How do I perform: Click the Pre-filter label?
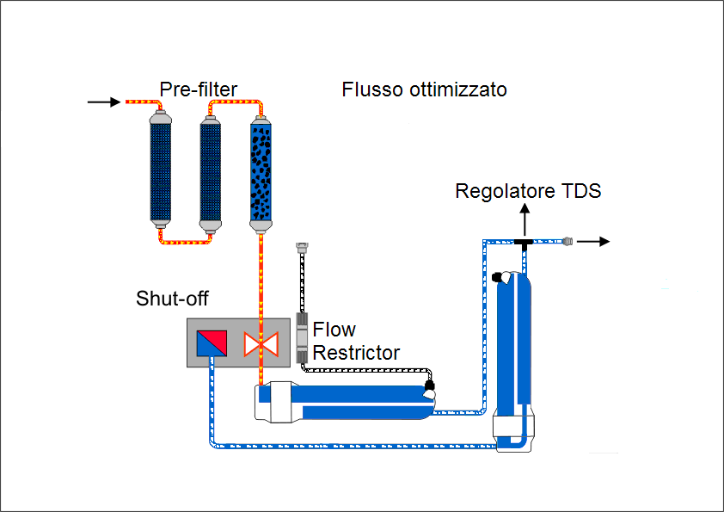199,89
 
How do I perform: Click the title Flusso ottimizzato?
424,89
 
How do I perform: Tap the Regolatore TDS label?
528,191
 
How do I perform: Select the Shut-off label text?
172,299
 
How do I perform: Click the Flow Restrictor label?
356,341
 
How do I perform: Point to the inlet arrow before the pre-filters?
104,102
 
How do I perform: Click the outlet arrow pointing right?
593,242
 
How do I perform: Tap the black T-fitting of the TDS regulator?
523,244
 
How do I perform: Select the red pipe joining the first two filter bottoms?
186,243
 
